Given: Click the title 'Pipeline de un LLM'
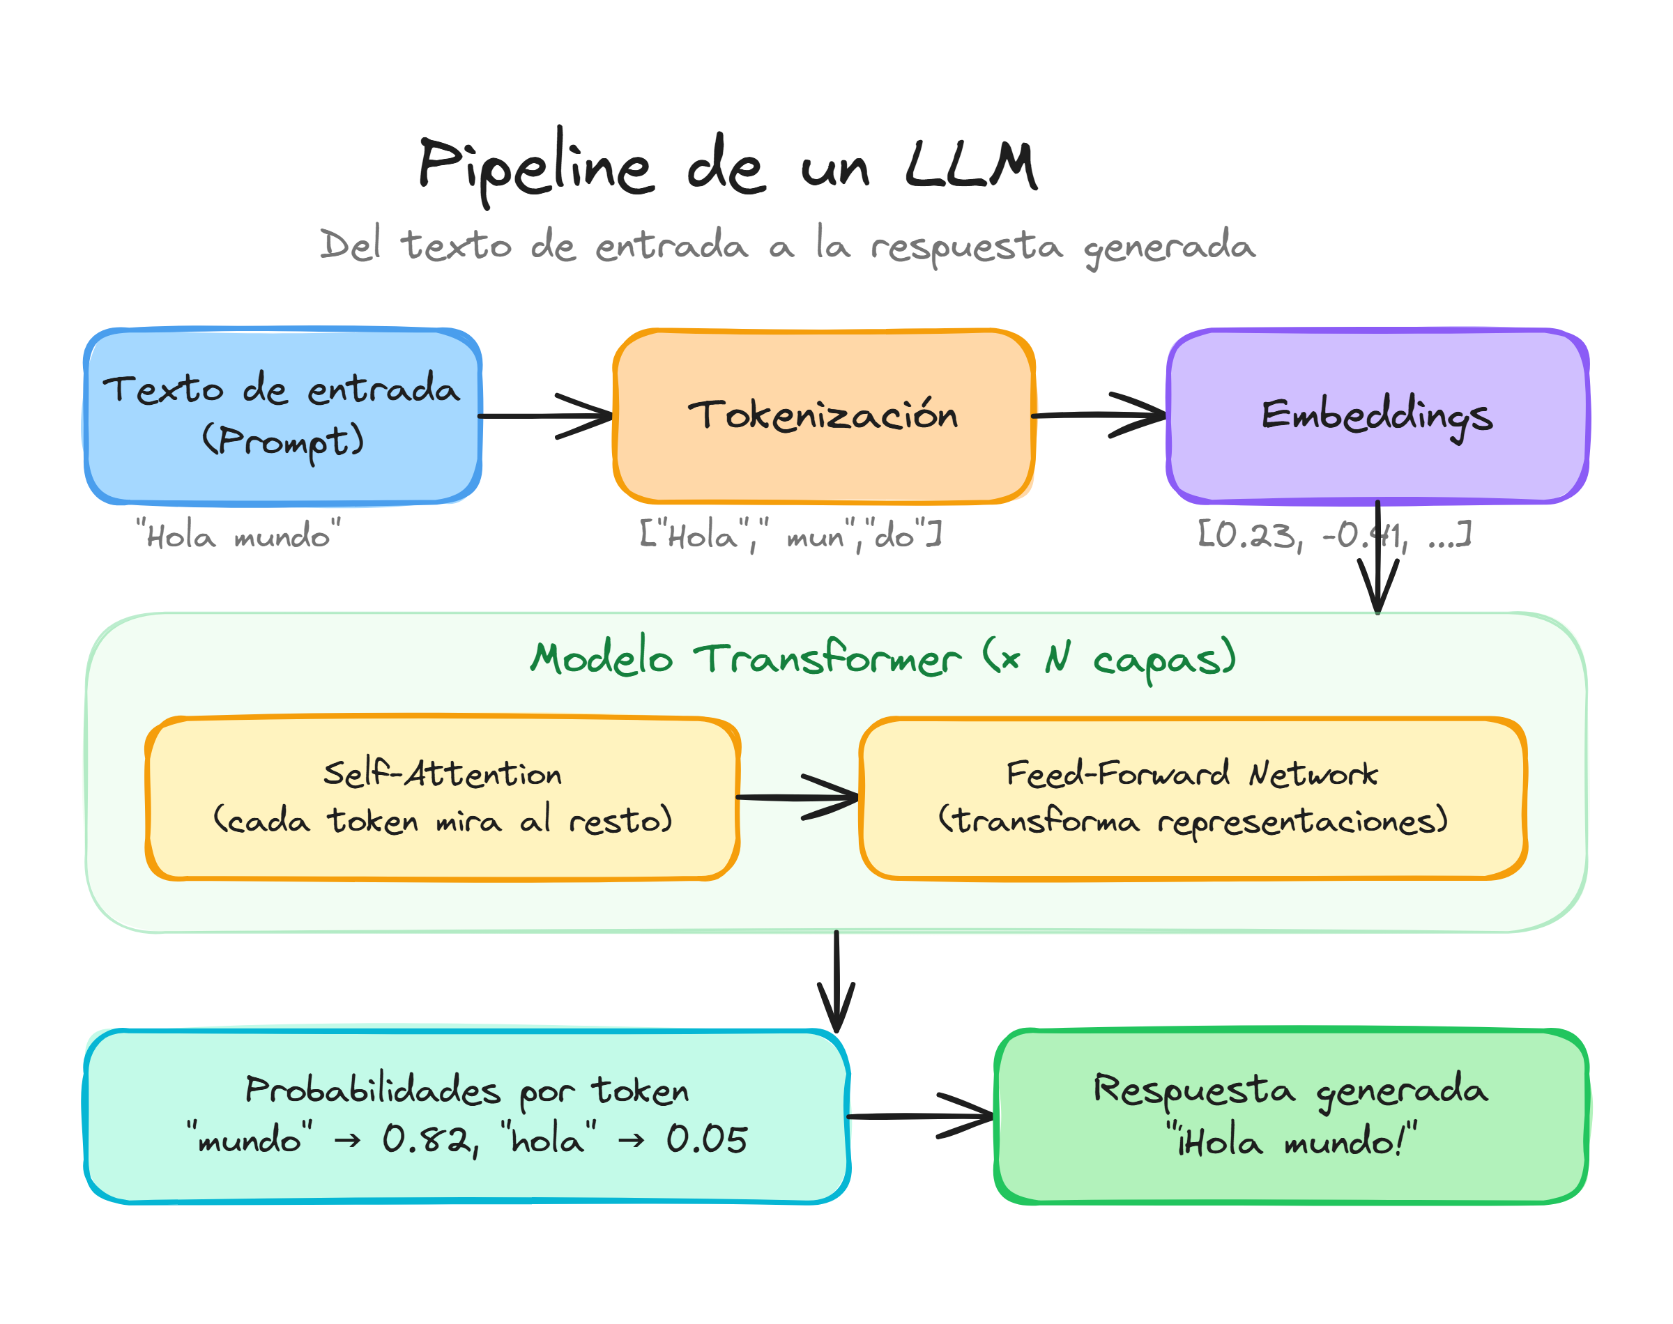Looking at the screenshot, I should click(727, 165).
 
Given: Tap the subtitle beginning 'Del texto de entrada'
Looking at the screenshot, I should click(787, 246).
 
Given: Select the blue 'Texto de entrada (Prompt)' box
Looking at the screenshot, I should click(283, 465).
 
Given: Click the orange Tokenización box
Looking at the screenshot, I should click(823, 457).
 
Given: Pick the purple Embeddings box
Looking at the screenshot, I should click(1377, 461).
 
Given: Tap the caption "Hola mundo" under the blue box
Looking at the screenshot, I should click(238, 536).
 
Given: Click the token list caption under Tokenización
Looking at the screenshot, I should click(790, 536).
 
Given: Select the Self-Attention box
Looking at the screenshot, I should click(442, 853).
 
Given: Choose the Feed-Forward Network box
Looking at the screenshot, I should click(1192, 853).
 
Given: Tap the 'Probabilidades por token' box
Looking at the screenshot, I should click(465, 1178).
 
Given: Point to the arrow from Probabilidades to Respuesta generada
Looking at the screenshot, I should click(920, 1116).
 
